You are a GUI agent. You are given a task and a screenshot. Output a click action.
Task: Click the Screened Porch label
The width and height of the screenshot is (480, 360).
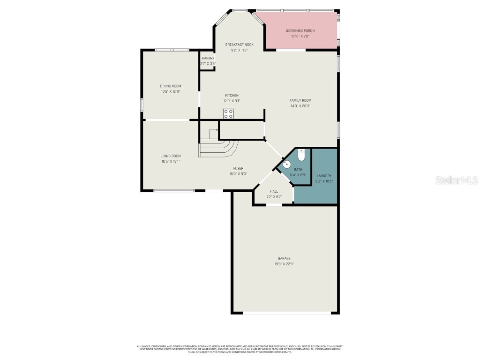point(300,30)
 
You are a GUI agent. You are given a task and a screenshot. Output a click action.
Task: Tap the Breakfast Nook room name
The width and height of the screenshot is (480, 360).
point(239,45)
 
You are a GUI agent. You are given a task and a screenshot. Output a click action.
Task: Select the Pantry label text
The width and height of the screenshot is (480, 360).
point(208,58)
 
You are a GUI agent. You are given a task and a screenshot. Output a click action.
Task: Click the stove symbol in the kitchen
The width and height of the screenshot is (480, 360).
point(228,113)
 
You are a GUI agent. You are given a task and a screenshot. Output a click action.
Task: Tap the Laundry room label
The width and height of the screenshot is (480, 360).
point(324,176)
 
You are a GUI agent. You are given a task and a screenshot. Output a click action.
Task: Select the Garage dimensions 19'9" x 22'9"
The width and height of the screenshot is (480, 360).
point(284,264)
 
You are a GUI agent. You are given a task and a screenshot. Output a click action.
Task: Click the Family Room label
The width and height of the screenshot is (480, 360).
point(300,100)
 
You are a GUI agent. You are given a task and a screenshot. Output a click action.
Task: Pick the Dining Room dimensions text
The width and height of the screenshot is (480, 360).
point(171,91)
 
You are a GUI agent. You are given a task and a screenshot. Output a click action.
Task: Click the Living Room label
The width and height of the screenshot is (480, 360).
point(171,156)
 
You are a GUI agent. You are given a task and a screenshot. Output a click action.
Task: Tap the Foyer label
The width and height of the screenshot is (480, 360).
point(238,168)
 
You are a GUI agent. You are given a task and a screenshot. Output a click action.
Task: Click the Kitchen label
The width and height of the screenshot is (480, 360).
point(232,95)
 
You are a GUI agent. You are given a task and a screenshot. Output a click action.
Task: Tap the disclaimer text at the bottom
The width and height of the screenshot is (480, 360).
point(240,349)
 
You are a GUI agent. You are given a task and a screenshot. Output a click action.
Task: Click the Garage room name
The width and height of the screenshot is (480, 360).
point(284,258)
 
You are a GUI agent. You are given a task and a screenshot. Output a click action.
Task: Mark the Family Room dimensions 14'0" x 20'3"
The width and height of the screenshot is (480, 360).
point(300,106)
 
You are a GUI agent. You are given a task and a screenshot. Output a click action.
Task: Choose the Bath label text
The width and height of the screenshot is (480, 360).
point(298,169)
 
